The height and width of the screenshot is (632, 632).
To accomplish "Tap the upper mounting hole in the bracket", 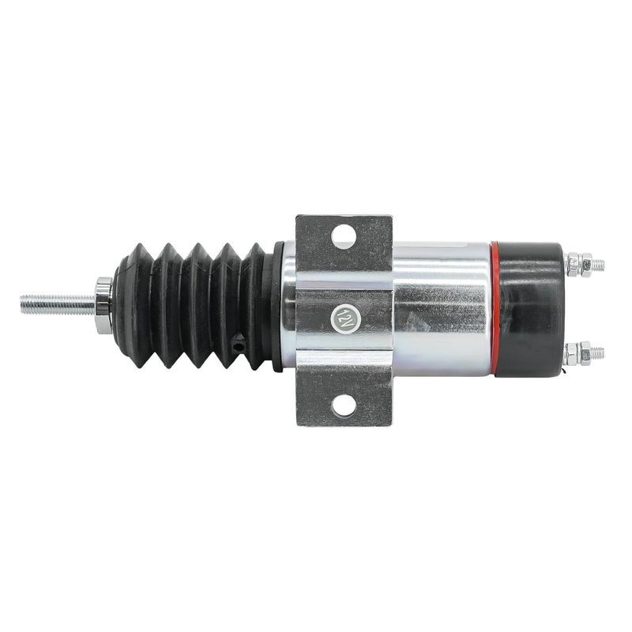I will tap(343, 234).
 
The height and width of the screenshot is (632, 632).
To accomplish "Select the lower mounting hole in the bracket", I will tap(343, 406).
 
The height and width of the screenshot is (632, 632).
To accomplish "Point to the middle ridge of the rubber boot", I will tap(197, 304).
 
